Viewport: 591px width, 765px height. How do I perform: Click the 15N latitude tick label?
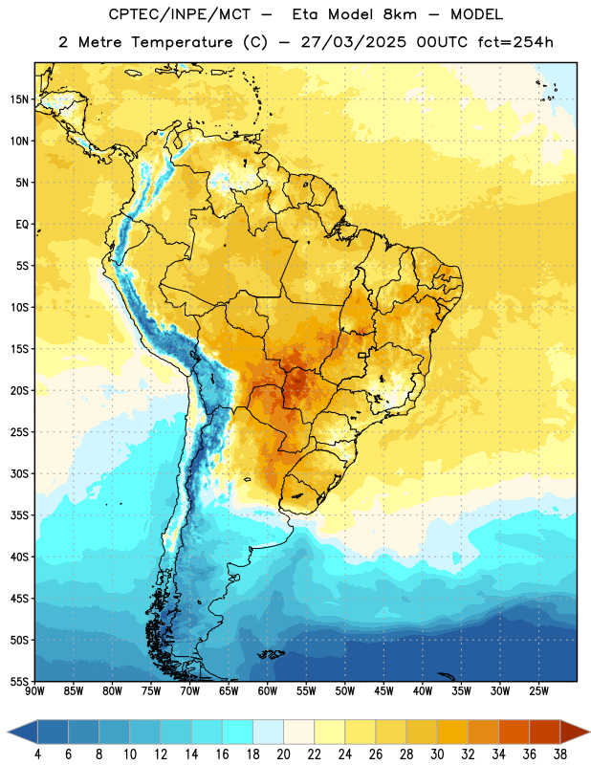[x=19, y=99]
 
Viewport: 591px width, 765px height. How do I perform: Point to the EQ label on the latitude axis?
[x=22, y=225]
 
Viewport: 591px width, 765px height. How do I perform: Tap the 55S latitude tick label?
[x=19, y=682]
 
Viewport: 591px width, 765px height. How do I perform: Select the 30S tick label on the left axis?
[x=19, y=473]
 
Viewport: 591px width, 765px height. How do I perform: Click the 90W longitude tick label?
[x=34, y=691]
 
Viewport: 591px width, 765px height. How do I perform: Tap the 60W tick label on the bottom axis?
[x=268, y=691]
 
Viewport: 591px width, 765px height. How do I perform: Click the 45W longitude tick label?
[x=383, y=691]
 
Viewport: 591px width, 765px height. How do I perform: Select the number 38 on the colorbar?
[x=560, y=754]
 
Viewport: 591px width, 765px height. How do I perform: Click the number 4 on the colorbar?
[x=37, y=754]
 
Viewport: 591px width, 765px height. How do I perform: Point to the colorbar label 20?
[x=283, y=754]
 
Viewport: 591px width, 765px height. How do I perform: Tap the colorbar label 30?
[x=437, y=754]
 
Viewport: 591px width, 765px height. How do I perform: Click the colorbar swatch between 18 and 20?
[x=268, y=732]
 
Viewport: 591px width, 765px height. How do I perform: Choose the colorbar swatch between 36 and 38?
[x=545, y=732]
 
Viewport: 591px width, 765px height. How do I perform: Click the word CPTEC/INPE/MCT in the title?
[x=179, y=14]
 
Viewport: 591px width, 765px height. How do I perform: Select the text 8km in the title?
[x=400, y=14]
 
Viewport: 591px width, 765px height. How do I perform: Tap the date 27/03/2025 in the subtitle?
[x=353, y=42]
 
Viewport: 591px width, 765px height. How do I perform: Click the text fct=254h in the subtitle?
[x=515, y=42]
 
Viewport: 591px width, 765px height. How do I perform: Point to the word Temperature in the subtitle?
[x=182, y=43]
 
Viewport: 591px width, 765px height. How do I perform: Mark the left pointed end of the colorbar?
[x=8, y=732]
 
